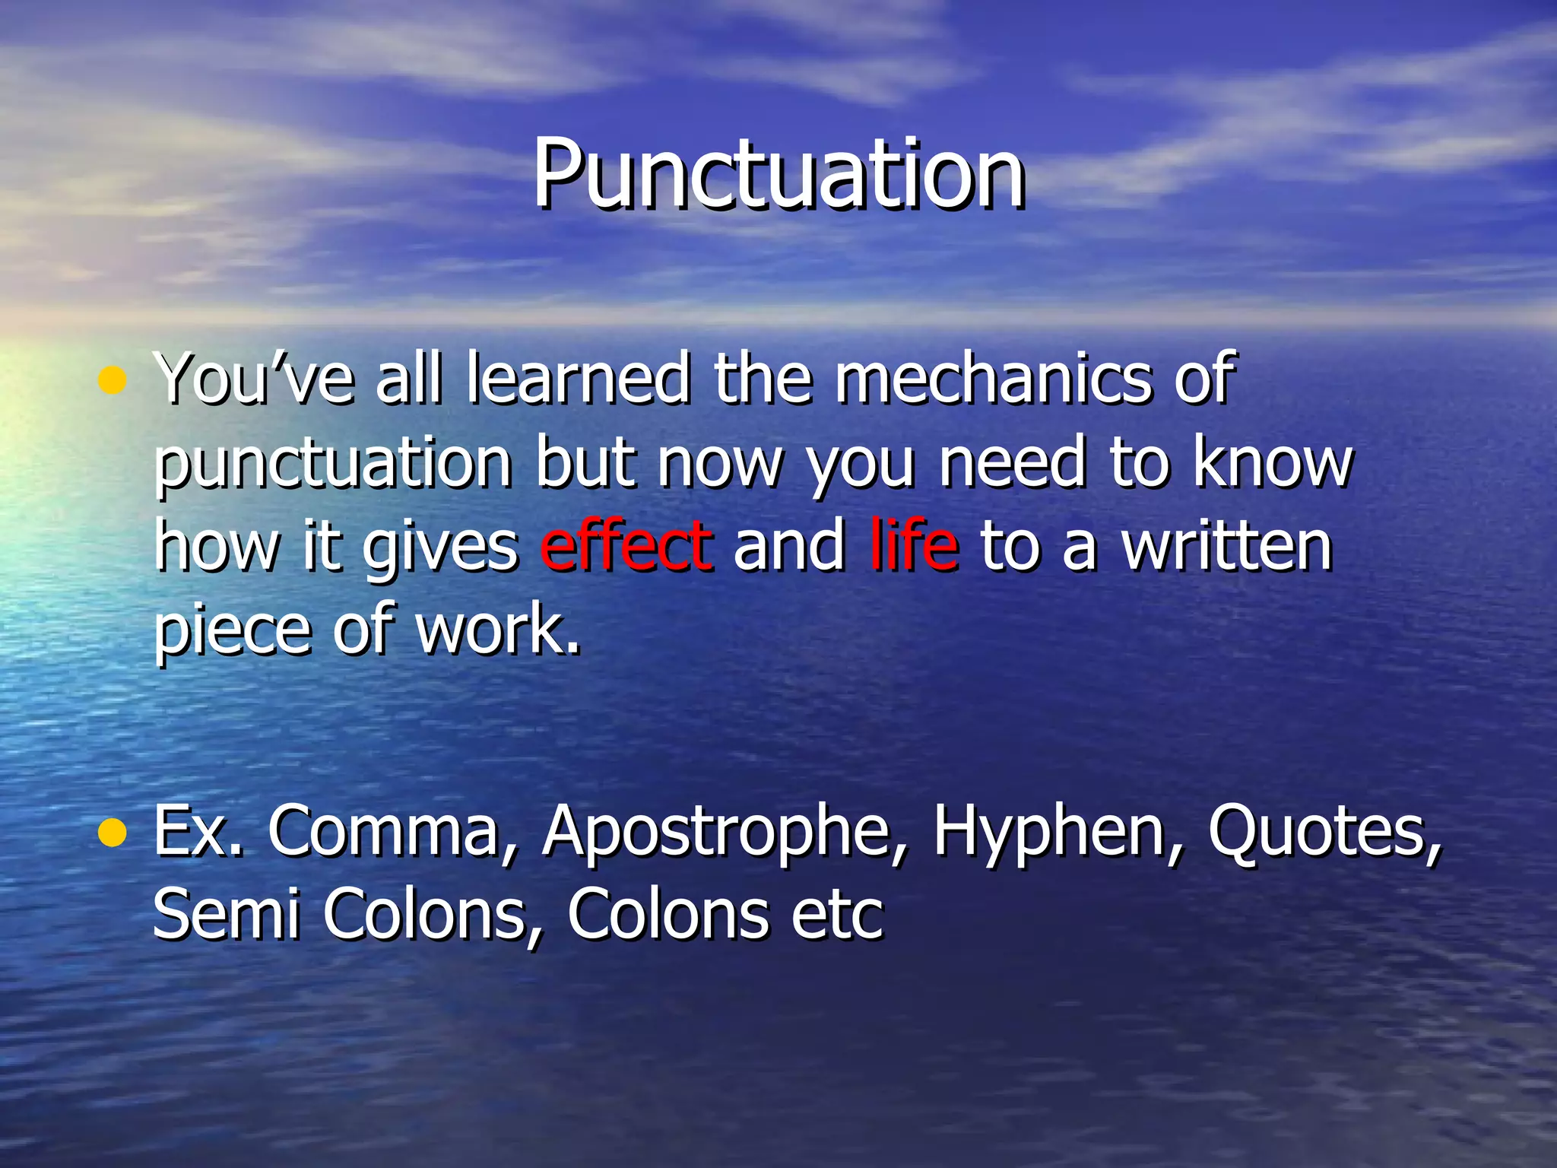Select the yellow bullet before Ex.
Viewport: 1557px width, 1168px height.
(113, 833)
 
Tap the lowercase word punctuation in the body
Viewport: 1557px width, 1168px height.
(333, 465)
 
